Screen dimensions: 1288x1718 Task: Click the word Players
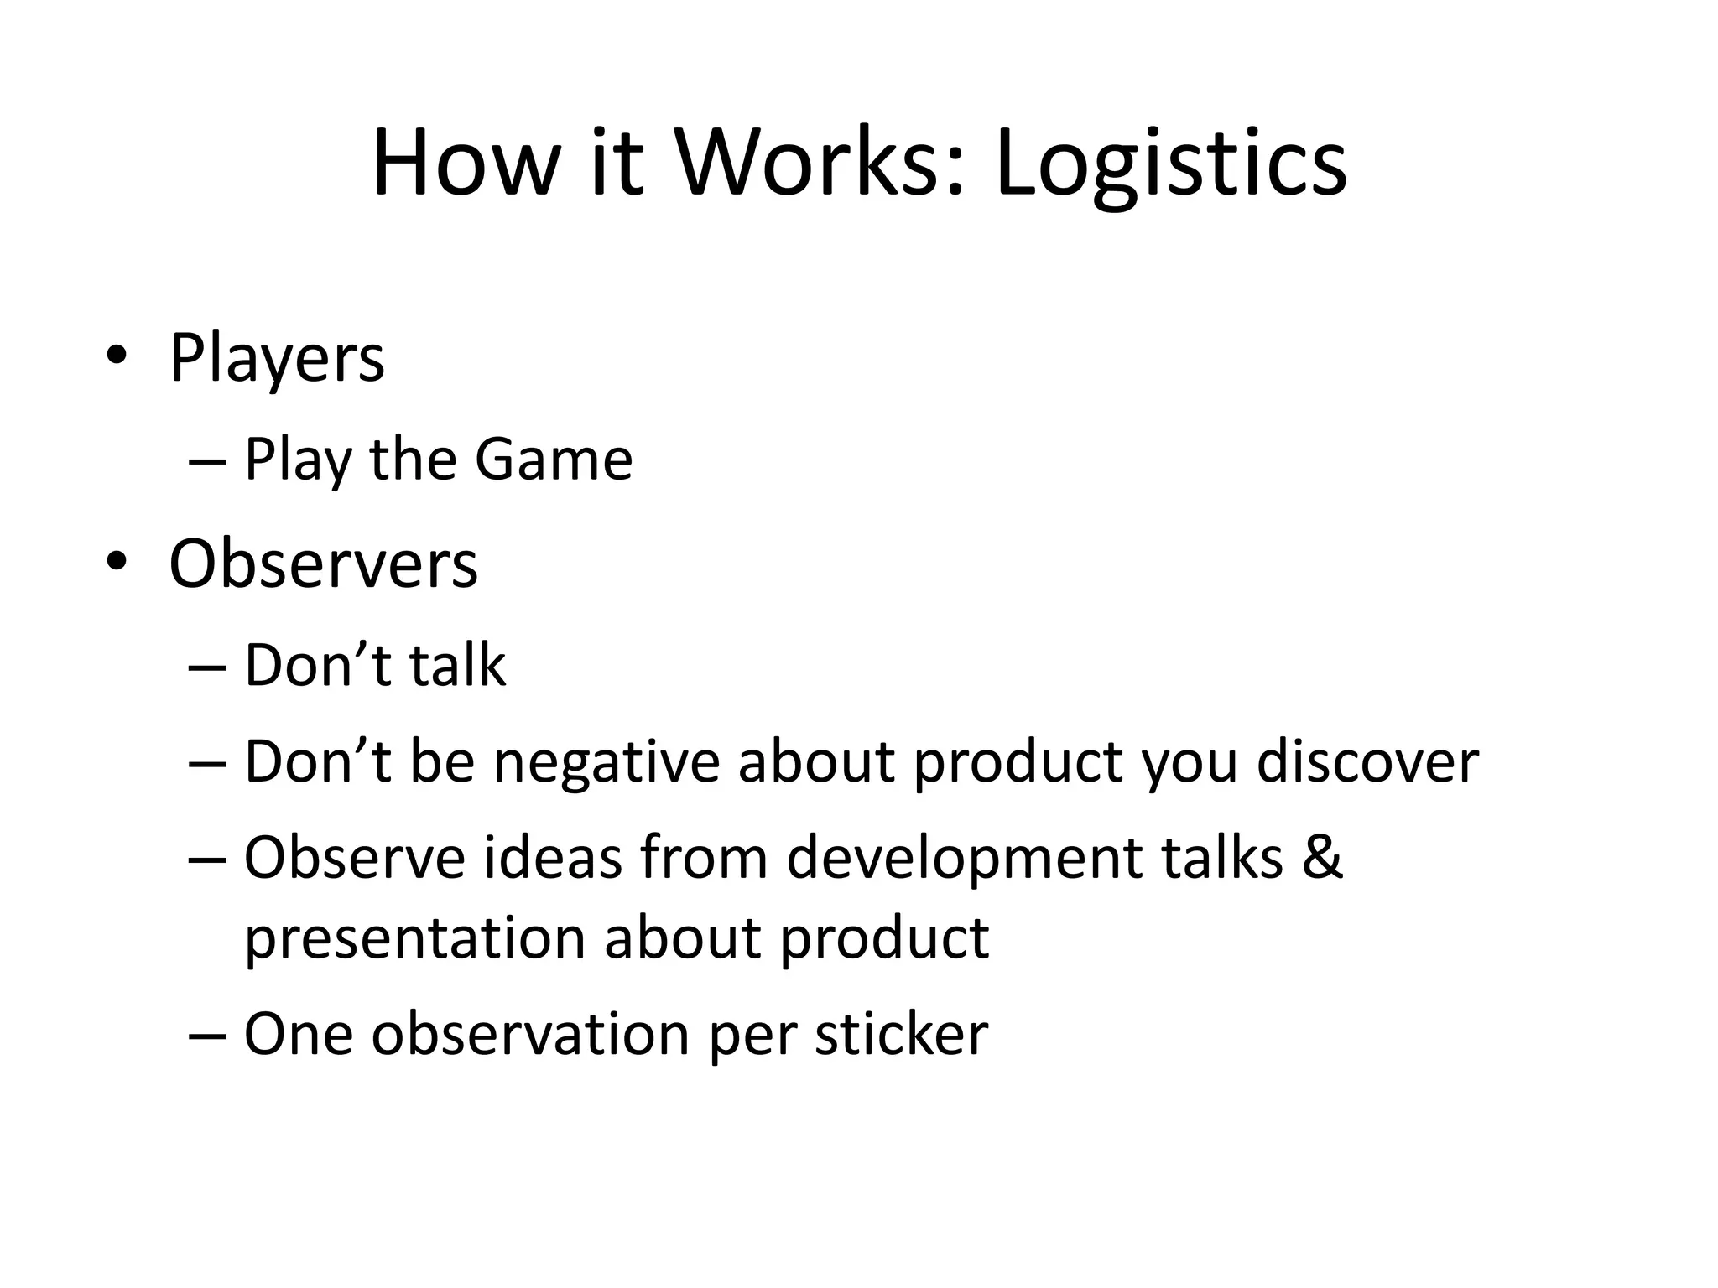click(x=277, y=359)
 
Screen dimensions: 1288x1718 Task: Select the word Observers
click(x=323, y=563)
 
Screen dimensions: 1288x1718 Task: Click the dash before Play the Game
click(x=207, y=460)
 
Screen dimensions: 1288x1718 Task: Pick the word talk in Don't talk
click(x=458, y=665)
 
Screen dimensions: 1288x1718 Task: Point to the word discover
click(x=1367, y=762)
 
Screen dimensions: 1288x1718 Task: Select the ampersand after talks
click(x=1323, y=858)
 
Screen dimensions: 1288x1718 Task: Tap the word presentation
click(x=415, y=937)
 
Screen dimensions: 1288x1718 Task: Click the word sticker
click(x=902, y=1034)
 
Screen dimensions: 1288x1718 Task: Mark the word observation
click(x=531, y=1034)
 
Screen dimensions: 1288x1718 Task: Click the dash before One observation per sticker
click(x=207, y=1035)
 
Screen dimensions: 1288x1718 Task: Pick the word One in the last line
click(x=298, y=1034)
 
